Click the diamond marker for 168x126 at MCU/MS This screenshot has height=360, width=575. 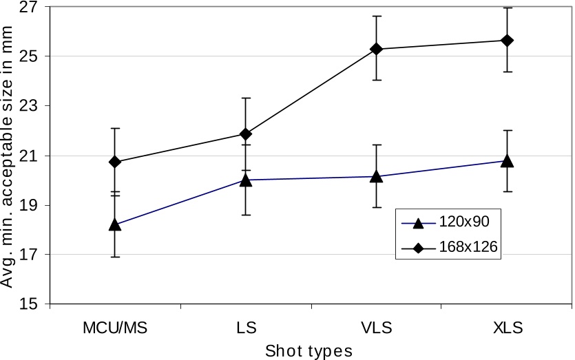point(115,162)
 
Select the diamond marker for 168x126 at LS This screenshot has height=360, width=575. point(246,134)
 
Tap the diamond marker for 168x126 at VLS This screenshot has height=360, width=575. point(377,49)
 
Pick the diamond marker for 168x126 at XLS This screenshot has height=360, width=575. point(507,40)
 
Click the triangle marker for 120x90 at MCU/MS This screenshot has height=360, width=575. point(115,224)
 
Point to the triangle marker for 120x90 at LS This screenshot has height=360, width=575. point(246,180)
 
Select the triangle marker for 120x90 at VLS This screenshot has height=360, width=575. point(377,176)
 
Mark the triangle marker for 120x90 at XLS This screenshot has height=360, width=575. point(507,160)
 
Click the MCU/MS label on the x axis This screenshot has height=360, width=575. point(115,325)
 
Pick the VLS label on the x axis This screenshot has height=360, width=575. point(377,325)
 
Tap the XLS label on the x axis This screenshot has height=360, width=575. point(507,325)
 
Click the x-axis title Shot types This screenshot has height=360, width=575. point(309,350)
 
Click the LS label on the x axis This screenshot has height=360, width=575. point(246,325)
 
